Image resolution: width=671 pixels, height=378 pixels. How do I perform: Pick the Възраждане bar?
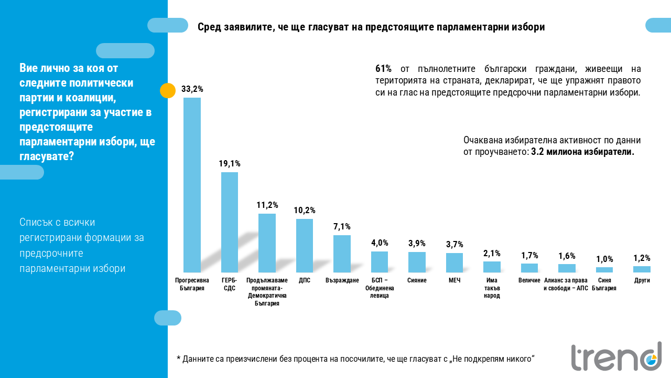(342, 254)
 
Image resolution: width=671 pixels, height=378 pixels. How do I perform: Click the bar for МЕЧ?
(454, 262)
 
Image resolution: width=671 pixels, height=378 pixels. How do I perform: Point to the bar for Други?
(642, 269)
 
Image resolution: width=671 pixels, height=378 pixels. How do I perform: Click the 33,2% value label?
(192, 89)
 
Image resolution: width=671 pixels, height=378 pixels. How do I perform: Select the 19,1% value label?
(230, 164)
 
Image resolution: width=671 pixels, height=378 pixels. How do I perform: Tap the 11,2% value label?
(267, 205)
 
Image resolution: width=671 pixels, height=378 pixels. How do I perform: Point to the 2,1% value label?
(492, 253)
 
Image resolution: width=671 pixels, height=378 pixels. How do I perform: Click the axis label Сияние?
(417, 280)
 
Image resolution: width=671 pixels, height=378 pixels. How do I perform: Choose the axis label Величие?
(529, 280)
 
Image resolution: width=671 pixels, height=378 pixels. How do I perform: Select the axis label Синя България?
(604, 284)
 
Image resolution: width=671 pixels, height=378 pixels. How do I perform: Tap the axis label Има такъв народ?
(492, 288)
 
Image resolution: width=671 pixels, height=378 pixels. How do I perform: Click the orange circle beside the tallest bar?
(167, 91)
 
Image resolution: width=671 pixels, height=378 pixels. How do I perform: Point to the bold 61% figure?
(384, 69)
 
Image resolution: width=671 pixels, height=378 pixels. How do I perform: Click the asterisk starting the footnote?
(178, 359)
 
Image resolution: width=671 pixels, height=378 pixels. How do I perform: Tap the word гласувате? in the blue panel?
(47, 156)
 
